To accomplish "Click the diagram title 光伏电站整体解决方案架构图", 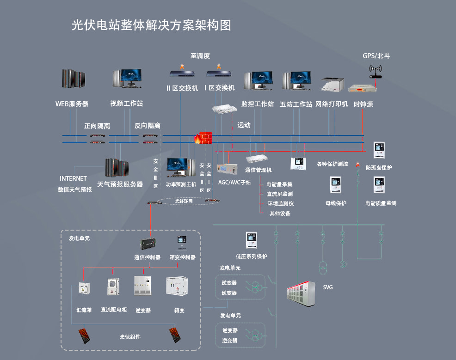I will click(152, 25).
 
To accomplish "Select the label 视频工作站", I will click(126, 104).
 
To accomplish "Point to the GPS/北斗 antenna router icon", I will click(376, 72).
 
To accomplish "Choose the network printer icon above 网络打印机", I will click(333, 84).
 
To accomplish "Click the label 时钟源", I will click(363, 104).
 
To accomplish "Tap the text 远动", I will click(244, 125).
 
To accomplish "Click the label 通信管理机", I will click(258, 170).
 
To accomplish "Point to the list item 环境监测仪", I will click(280, 203).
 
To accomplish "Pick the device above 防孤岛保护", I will click(379, 150).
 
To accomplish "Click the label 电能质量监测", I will click(381, 203).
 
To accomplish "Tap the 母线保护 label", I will click(336, 203).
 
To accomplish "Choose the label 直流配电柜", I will click(114, 310).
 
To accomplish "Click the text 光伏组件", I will click(130, 337).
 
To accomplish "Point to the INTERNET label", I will click(73, 178).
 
